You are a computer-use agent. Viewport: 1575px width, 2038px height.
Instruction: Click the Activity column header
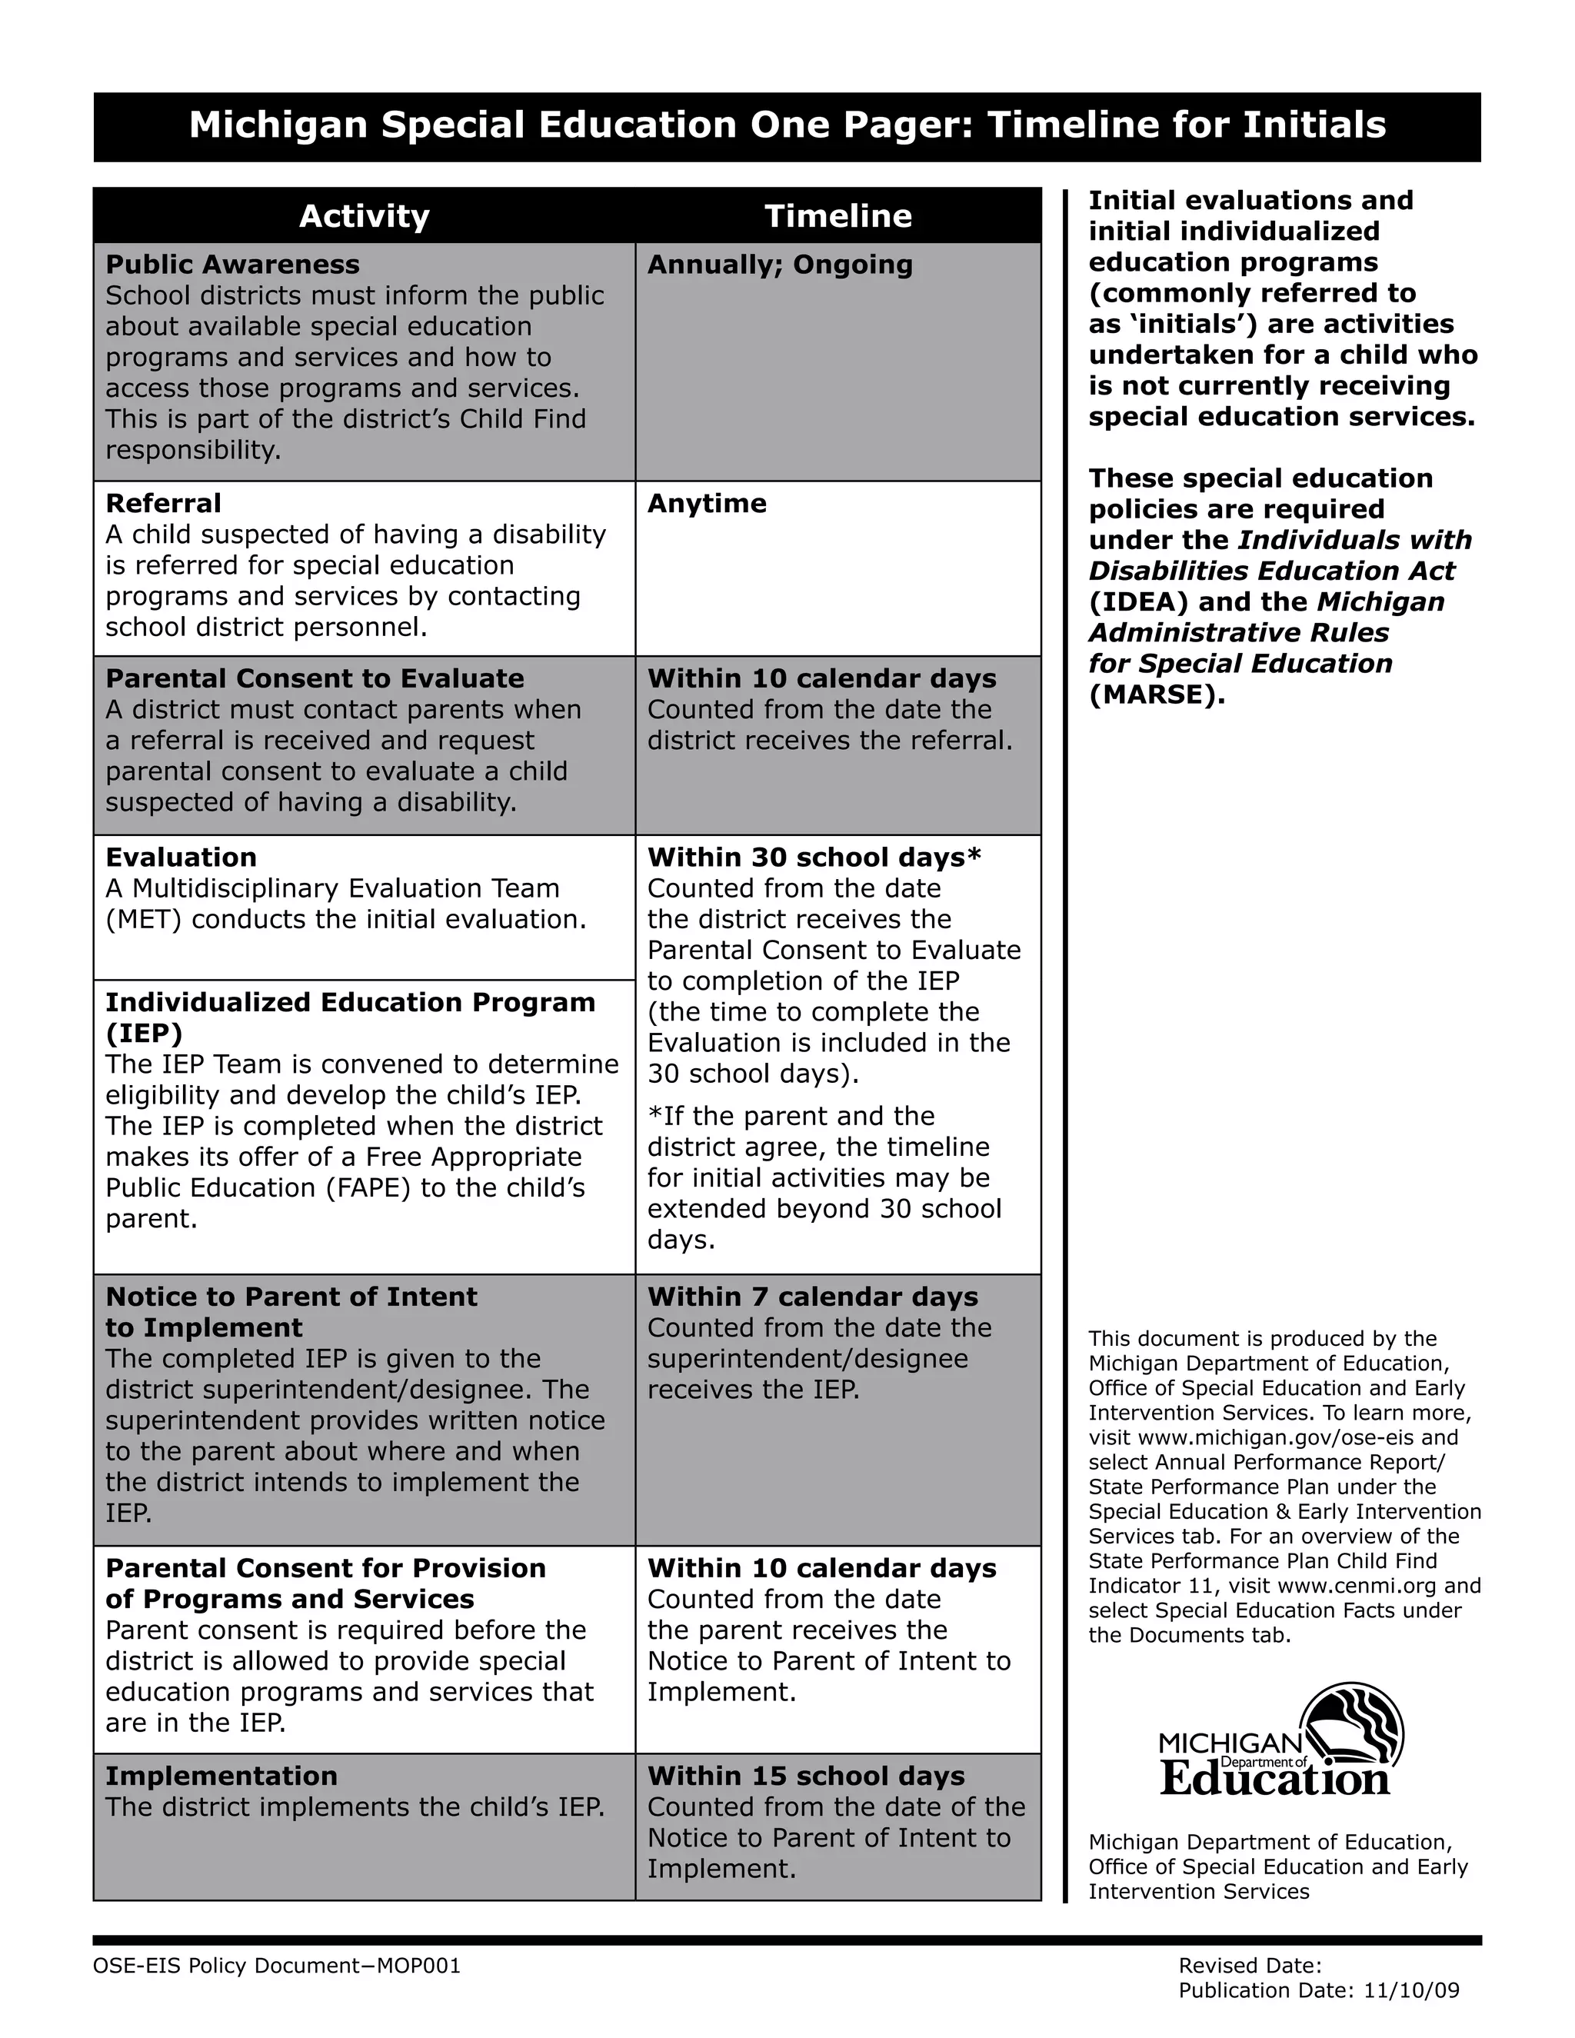coord(364,217)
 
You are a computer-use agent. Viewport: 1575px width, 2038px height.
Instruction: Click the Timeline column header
coord(838,217)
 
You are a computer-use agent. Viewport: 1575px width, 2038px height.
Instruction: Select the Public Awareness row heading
coord(232,265)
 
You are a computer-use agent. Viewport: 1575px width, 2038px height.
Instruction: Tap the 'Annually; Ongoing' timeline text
coord(780,265)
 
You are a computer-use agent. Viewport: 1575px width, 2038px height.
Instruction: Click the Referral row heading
coord(163,504)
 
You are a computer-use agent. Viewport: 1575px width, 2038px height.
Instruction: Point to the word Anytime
coord(706,504)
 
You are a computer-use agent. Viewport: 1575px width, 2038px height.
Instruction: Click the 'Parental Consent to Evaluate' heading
coord(315,679)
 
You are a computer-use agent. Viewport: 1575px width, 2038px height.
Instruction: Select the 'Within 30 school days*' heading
coord(814,857)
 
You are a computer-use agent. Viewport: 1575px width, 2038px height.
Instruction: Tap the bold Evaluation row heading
coord(181,857)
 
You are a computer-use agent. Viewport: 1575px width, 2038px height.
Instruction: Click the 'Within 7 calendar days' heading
coord(813,1297)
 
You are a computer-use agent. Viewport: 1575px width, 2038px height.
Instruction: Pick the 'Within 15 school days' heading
coord(806,1776)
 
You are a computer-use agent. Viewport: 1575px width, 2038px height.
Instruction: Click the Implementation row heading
coord(221,1776)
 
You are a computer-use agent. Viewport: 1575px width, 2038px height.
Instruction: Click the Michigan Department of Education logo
coord(1280,1741)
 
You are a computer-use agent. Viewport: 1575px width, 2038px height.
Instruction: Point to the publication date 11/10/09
coord(1410,1990)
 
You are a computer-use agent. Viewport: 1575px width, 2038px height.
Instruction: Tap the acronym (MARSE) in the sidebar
coord(1156,695)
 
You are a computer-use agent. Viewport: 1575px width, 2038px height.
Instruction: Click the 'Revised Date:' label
coord(1250,1966)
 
